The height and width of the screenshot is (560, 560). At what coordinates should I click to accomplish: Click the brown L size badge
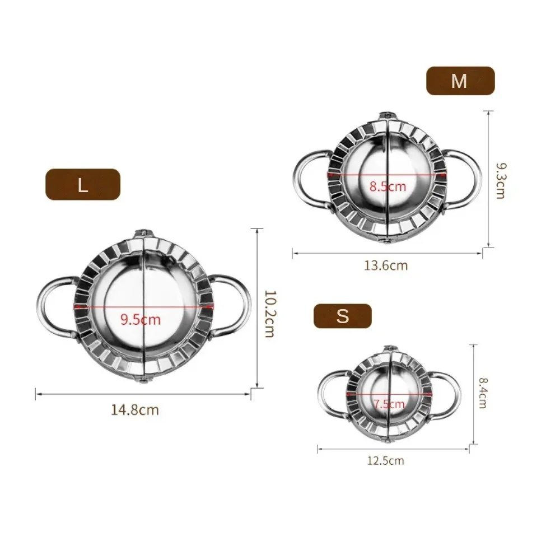coord(83,184)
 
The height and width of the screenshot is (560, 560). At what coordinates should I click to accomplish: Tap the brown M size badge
coord(460,81)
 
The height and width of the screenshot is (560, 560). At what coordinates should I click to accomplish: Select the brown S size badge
coord(342,316)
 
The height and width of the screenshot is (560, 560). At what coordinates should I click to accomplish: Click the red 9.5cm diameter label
coord(141,320)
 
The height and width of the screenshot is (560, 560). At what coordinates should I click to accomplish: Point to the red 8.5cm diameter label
coord(387,186)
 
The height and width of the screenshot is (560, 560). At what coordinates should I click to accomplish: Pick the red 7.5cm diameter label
coord(389,404)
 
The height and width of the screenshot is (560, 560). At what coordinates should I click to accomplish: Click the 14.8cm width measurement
coord(135,410)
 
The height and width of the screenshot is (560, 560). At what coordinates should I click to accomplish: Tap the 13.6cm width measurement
coord(386,265)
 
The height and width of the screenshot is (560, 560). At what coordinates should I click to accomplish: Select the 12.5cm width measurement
coord(385,461)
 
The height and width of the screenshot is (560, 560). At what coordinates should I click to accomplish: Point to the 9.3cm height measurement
coord(500,181)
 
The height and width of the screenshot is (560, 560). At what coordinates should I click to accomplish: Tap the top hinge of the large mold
coord(143,234)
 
